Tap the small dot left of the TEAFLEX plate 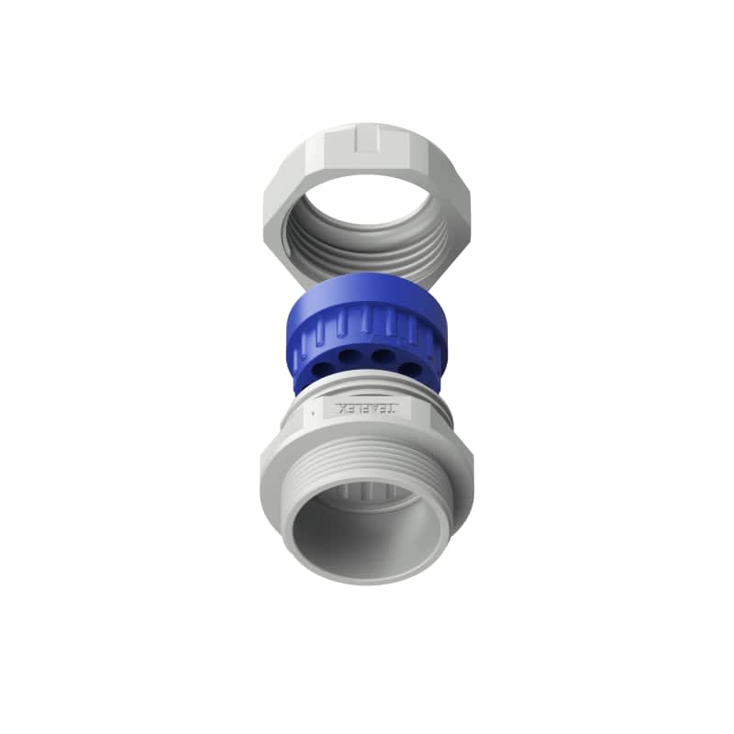pyautogui.click(x=314, y=414)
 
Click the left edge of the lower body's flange pyautogui.click(x=262, y=463)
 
